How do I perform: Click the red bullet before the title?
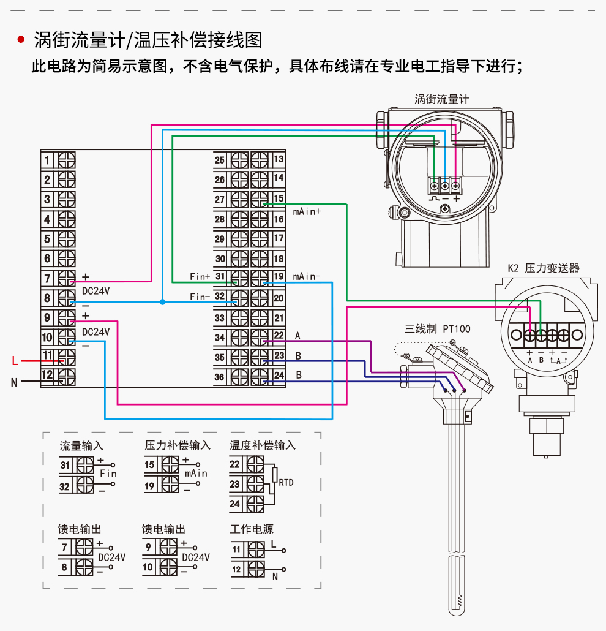pos(21,40)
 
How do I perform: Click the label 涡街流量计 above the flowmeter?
pos(441,99)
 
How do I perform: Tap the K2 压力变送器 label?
pos(544,268)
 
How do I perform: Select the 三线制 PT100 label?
pos(438,329)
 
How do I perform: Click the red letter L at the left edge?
pos(15,361)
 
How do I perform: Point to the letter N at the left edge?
pos(14,383)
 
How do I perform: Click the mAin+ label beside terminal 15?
pos(307,212)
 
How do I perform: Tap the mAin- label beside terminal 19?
pos(307,277)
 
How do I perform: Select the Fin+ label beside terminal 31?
pos(200,277)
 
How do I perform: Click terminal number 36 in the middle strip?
pos(220,377)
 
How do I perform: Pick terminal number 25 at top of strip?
pos(220,160)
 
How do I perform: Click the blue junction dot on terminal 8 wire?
pos(162,302)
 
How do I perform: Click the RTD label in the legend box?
pos(286,483)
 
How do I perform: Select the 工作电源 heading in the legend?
pos(252,529)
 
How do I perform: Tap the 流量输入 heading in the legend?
pos(81,445)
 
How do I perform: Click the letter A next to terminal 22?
pos(298,336)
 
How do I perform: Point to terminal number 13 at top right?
pos(279,159)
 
